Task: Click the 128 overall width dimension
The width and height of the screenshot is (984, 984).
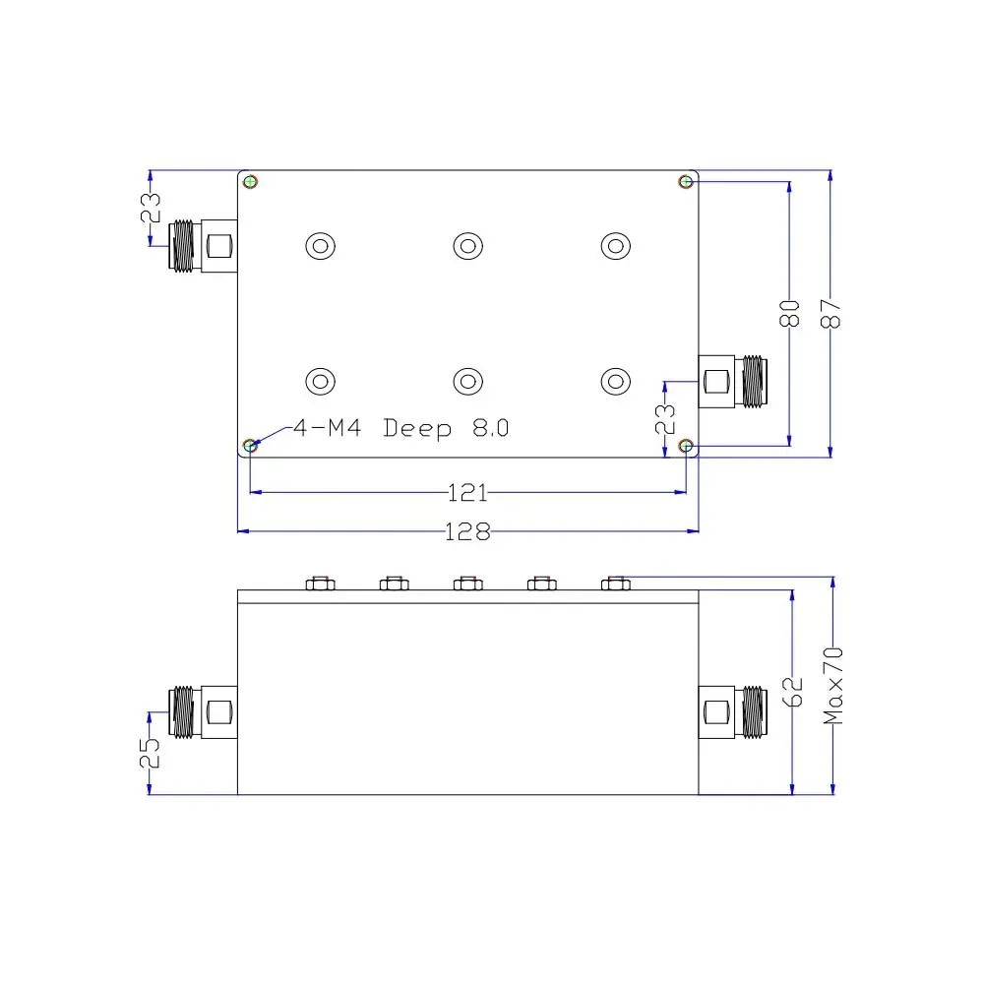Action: tap(467, 531)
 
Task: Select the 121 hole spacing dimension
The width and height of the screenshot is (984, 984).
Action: tap(467, 493)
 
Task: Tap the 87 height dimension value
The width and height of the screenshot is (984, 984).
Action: tap(830, 313)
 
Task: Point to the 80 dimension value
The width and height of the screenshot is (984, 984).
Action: tap(789, 313)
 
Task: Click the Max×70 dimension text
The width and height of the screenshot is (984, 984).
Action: tap(832, 686)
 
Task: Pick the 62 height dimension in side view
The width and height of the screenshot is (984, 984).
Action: tap(792, 692)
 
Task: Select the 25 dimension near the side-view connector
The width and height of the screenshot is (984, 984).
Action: tap(150, 753)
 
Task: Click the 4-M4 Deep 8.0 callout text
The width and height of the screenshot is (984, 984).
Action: tap(401, 428)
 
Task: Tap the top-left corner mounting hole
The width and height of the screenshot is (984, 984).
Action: tap(250, 182)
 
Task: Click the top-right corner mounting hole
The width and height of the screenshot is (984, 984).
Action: tap(686, 182)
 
